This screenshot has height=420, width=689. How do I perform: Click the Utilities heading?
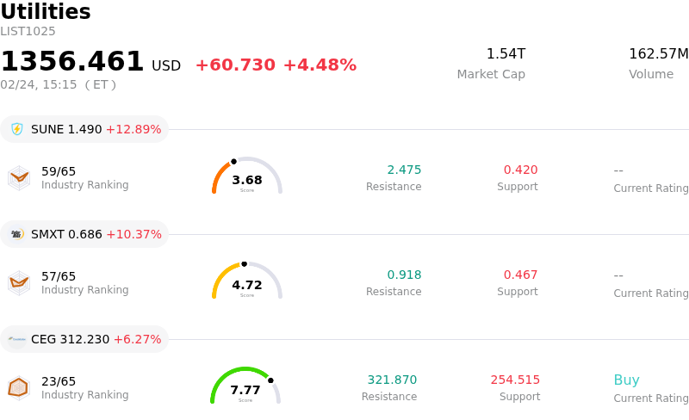coord(46,12)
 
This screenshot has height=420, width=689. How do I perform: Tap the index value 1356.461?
coord(72,62)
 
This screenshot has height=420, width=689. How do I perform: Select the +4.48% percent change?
coord(320,65)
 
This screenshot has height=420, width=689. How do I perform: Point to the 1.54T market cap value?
coord(506,54)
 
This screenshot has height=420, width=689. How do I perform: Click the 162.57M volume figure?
coord(658,54)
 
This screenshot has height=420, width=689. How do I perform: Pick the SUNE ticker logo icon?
coord(17,129)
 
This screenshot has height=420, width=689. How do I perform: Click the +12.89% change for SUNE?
coord(133,129)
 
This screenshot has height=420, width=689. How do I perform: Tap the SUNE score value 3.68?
coord(247,180)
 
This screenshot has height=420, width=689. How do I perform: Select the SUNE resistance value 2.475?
coord(404,170)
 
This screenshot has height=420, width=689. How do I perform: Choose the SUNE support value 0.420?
coord(520,170)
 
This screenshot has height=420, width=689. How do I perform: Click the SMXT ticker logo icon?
coord(17,234)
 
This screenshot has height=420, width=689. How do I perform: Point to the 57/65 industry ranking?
coord(59,276)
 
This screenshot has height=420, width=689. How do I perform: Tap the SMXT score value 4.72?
coord(247,285)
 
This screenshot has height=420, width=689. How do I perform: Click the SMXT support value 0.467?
coord(520,275)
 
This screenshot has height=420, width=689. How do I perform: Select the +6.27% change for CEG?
coord(137,339)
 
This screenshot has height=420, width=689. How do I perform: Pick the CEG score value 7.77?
coord(245,390)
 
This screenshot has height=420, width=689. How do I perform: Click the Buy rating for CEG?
coord(626,380)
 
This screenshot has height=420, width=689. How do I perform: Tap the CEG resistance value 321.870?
coord(392,380)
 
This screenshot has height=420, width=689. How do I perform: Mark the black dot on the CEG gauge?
coord(270,380)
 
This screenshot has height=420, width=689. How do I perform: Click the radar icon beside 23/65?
coord(18,388)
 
